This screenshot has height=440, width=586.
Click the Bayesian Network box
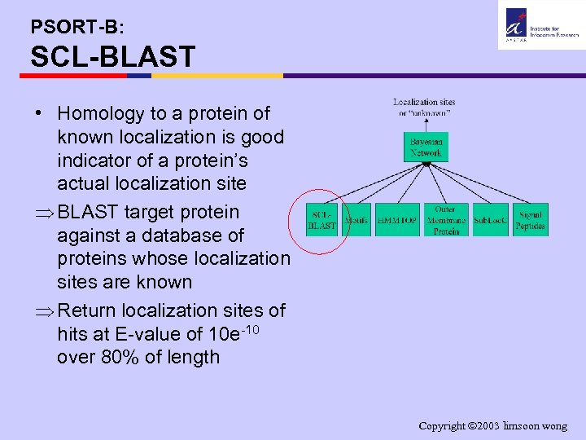[x=426, y=147]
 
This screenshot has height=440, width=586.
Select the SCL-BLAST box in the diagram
[x=321, y=220]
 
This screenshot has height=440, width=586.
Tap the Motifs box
[x=356, y=220]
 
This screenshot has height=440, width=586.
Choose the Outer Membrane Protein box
[x=446, y=220]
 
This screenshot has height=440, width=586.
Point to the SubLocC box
[x=491, y=220]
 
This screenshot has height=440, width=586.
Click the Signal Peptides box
[x=531, y=220]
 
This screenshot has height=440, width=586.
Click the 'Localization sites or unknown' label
[x=424, y=108]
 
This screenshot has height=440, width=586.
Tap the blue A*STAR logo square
[x=516, y=20]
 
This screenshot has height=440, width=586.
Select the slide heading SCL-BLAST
[x=112, y=57]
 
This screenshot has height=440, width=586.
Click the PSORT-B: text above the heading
[x=77, y=26]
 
